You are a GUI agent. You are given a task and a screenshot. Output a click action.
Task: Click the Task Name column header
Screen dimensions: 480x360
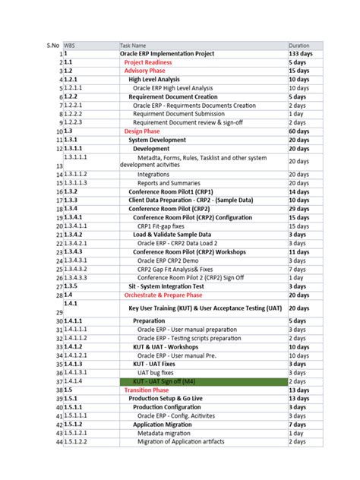134,46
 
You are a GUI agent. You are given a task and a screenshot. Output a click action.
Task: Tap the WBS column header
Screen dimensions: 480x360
70,46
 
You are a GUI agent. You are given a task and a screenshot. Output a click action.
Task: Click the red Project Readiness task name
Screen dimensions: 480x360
149,62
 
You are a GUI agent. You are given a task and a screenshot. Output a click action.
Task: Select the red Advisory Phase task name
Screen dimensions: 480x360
144,71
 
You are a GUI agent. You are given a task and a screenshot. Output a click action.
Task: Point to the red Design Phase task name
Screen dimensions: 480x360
142,131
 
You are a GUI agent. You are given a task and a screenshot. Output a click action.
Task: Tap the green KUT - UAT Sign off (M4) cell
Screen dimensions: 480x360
165,381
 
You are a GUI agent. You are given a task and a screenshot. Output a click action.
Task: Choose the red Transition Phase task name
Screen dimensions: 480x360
147,390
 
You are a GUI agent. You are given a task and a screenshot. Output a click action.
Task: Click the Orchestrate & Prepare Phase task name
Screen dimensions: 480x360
163,295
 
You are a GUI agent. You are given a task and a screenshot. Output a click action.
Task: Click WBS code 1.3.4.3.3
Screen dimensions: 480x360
78,278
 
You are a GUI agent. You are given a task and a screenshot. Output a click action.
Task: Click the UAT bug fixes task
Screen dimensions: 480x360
157,373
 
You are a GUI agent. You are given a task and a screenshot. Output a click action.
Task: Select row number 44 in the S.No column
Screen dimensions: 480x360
58,442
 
